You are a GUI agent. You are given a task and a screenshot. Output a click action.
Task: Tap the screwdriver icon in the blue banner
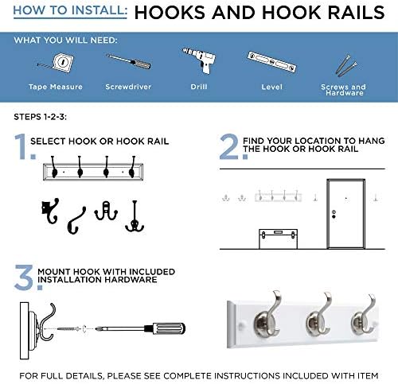[129, 61]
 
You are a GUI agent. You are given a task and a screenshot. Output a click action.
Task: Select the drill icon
[200, 60]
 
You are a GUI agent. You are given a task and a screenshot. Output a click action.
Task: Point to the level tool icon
[271, 62]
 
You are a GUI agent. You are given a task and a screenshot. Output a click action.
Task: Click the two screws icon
[346, 65]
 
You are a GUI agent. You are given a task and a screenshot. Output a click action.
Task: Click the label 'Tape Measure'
[56, 87]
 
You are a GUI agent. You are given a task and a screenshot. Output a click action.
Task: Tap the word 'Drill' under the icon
[199, 87]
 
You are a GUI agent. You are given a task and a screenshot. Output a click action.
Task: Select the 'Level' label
[271, 87]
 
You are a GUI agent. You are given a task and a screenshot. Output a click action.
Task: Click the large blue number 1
[21, 146]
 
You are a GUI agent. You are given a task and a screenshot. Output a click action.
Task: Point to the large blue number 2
[229, 146]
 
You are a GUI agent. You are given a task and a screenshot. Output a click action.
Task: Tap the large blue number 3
[24, 277]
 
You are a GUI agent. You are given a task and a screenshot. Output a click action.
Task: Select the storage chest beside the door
[278, 239]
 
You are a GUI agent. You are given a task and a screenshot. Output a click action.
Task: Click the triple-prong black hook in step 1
[135, 216]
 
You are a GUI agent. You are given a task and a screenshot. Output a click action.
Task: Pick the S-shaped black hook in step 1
[76, 220]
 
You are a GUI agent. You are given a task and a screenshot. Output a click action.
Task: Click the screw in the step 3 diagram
[68, 329]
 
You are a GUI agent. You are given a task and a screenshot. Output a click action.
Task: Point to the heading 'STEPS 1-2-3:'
[41, 117]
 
